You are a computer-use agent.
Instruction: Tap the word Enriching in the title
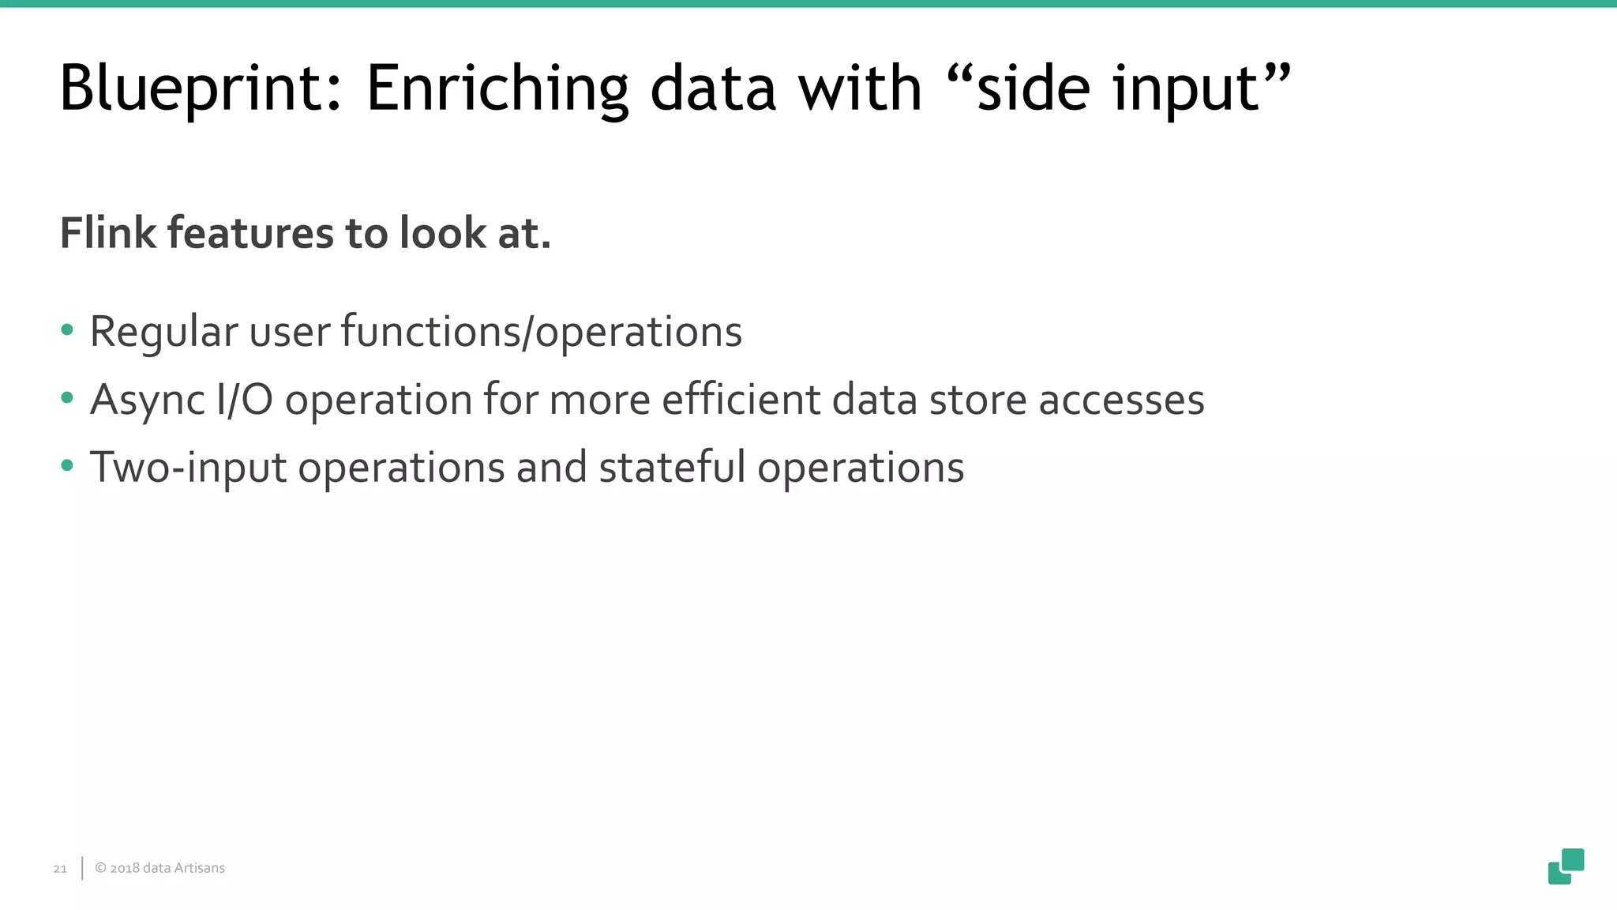(x=497, y=88)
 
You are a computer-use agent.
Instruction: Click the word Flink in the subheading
(x=108, y=234)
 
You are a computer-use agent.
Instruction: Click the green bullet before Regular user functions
(x=67, y=330)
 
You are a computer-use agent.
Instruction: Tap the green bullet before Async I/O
(x=67, y=398)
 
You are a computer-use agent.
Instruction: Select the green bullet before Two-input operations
(x=67, y=466)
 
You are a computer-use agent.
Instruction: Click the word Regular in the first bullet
(x=163, y=332)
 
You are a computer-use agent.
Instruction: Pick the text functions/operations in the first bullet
(x=541, y=332)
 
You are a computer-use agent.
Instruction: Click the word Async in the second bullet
(x=148, y=400)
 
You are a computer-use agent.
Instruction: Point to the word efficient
(x=741, y=400)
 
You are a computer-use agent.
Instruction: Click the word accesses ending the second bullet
(x=1121, y=400)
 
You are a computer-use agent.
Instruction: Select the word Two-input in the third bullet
(x=188, y=468)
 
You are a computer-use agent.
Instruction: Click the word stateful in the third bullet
(x=672, y=468)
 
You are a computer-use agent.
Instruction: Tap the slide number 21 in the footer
(x=60, y=869)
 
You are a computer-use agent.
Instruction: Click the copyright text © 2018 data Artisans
(x=159, y=868)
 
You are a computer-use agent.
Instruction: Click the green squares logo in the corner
(x=1566, y=867)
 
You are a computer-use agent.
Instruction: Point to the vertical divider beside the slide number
(x=82, y=868)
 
